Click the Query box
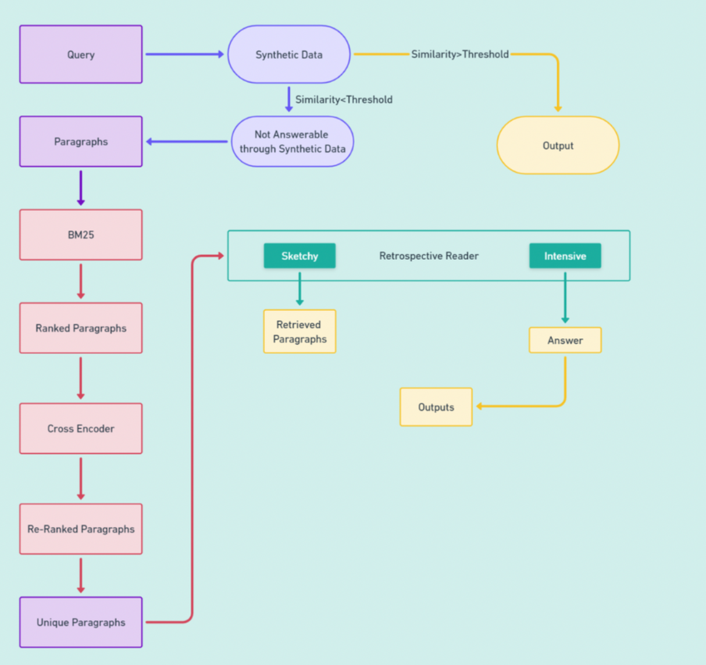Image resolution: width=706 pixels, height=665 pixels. pyautogui.click(x=81, y=55)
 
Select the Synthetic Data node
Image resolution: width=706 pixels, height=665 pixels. pyautogui.click(x=289, y=55)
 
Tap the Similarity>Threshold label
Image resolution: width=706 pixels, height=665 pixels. pyautogui.click(x=459, y=54)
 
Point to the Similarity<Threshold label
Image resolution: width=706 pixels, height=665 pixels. pyautogui.click(x=344, y=99)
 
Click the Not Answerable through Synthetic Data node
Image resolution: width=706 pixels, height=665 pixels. pyautogui.click(x=293, y=142)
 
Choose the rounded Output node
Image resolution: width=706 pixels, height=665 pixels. pyautogui.click(x=558, y=145)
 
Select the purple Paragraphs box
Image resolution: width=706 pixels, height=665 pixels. pyautogui.click(x=81, y=142)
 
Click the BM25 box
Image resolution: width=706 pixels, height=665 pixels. pyautogui.click(x=81, y=235)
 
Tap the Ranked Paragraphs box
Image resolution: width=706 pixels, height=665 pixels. pyautogui.click(x=81, y=328)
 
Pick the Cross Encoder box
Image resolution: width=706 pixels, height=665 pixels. pyautogui.click(x=81, y=428)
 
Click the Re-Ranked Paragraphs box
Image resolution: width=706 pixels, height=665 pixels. pyautogui.click(x=81, y=529)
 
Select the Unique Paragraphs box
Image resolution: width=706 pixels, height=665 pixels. pyautogui.click(x=81, y=622)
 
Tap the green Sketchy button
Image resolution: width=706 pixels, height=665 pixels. pyautogui.click(x=299, y=256)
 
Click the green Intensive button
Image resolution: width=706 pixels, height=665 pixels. pyautogui.click(x=565, y=256)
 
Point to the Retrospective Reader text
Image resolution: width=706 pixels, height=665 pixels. pyautogui.click(x=429, y=256)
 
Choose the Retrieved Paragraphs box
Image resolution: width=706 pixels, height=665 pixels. pyautogui.click(x=299, y=331)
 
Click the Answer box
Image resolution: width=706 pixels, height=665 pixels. pyautogui.click(x=565, y=340)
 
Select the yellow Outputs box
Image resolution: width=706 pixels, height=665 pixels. pyautogui.click(x=436, y=407)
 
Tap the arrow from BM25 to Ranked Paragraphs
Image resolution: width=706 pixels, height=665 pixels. pyautogui.click(x=81, y=281)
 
